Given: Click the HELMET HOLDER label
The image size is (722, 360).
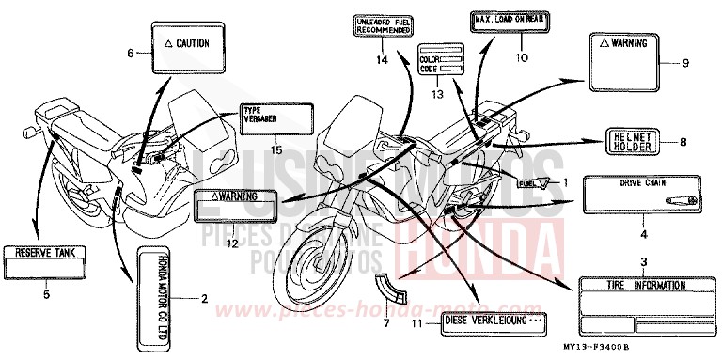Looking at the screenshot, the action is (x=632, y=142).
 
